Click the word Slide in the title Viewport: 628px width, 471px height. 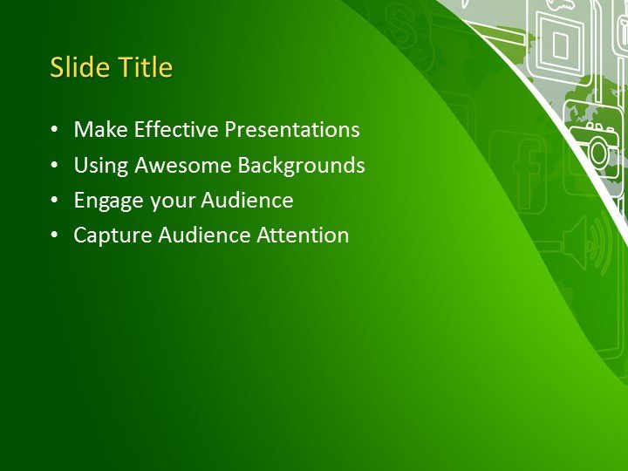[x=73, y=67]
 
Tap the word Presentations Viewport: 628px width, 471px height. [x=292, y=130]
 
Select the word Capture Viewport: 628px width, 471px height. [x=110, y=235]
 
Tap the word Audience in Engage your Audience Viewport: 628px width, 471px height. [x=248, y=201]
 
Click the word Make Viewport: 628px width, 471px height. [x=96, y=130]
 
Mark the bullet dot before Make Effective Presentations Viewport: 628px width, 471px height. [x=56, y=131]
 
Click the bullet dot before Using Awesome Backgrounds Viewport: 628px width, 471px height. [x=56, y=166]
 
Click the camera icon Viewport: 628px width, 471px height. [x=595, y=151]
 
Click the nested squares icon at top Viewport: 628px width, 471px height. [x=560, y=41]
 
